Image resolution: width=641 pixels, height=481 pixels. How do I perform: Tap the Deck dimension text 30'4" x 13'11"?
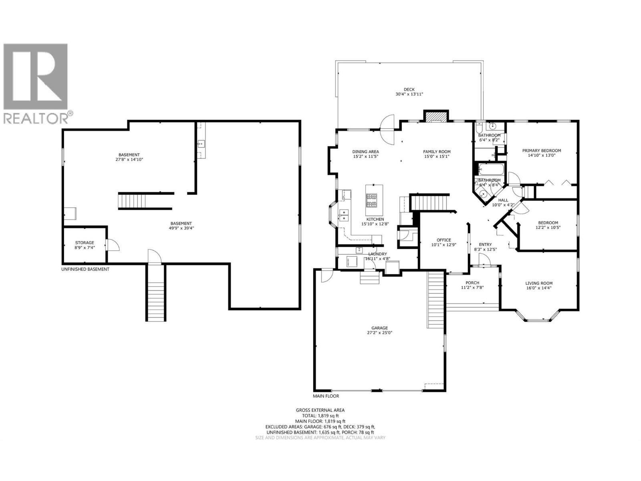[x=409, y=94]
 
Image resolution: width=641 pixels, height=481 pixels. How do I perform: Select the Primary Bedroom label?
[x=541, y=151]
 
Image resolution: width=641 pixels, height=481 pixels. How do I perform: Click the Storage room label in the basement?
[x=85, y=243]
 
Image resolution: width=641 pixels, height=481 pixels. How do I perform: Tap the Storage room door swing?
[x=112, y=245]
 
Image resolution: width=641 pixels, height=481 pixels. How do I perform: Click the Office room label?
[x=443, y=240]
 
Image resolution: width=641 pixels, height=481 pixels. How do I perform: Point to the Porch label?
[x=472, y=283]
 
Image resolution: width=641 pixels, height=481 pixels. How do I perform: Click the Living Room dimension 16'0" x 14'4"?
[x=539, y=288]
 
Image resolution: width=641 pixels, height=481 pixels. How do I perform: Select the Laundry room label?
[x=378, y=254]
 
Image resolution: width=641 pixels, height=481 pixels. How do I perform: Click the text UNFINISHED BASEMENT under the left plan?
[x=85, y=269]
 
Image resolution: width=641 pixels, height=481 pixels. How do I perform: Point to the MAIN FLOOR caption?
[x=326, y=396]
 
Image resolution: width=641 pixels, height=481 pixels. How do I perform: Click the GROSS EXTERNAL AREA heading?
[x=320, y=410]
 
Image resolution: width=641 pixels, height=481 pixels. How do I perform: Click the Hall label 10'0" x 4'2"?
[x=503, y=200]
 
